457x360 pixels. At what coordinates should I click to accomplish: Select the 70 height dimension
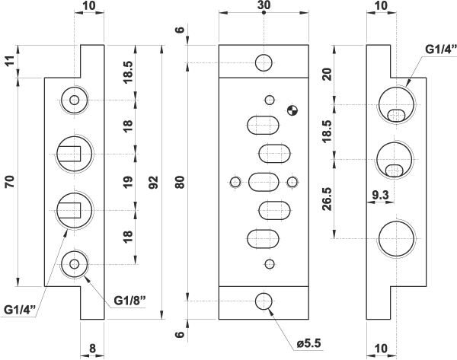pos(10,183)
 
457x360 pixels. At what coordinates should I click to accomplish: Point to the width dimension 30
pos(264,5)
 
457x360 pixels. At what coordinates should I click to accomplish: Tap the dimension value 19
pos(127,183)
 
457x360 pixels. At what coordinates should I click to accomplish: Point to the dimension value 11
pos(10,61)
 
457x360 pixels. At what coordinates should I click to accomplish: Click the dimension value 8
pos(92,349)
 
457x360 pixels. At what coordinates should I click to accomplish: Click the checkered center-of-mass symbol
pos(290,110)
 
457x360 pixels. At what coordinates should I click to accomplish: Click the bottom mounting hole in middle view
pos(264,301)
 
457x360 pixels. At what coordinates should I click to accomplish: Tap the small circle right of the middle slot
pos(292,182)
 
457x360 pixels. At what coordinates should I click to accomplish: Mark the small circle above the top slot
pos(268,100)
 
